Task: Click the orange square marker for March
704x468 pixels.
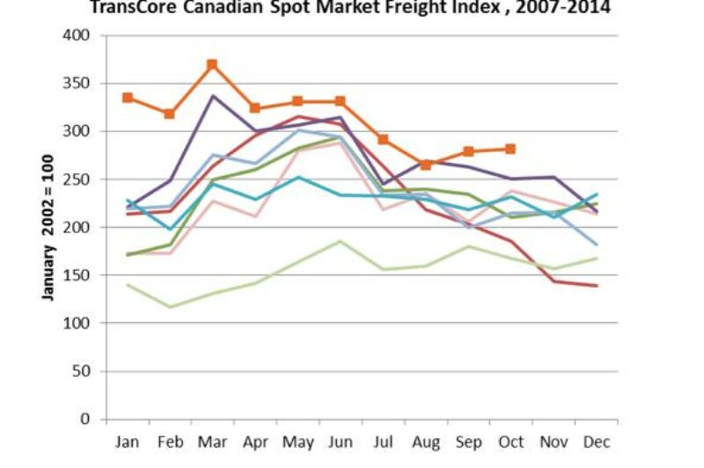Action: (212, 64)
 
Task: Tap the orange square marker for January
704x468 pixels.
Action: (128, 98)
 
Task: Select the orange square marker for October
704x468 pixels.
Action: (510, 149)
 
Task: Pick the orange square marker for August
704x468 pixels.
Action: (426, 165)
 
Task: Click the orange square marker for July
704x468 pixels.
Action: (383, 139)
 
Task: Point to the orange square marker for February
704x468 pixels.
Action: (170, 113)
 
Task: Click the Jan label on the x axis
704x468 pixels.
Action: (128, 442)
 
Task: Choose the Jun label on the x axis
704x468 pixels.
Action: (340, 442)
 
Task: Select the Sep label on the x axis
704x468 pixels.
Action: (468, 442)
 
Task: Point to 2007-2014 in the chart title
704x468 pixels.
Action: (563, 9)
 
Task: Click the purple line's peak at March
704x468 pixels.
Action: (212, 96)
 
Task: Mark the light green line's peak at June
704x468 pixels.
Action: (340, 241)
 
